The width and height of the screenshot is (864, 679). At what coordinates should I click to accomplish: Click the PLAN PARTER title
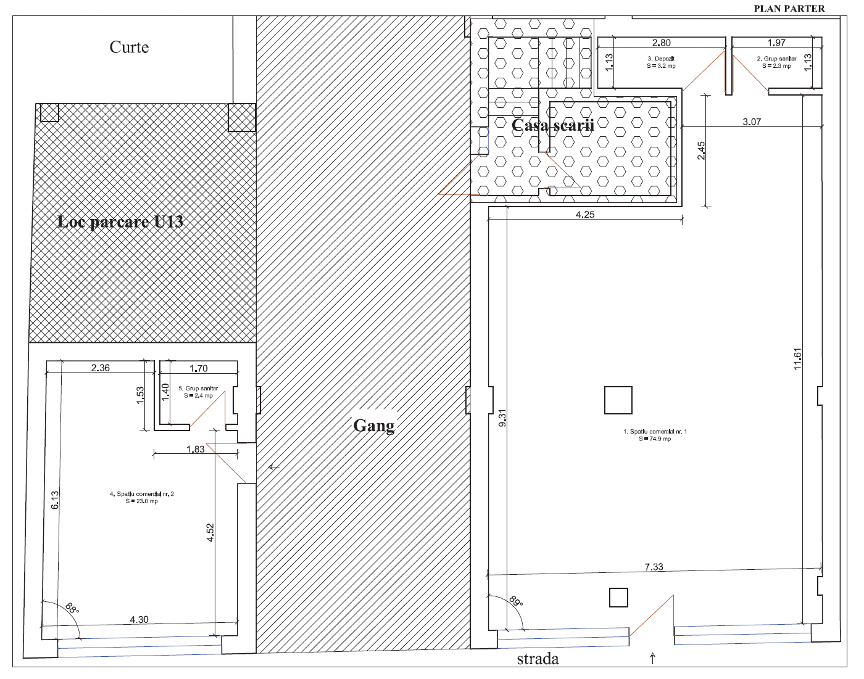789,9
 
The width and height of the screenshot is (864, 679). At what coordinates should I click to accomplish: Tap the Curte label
129,47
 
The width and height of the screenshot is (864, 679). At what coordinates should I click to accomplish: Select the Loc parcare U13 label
120,221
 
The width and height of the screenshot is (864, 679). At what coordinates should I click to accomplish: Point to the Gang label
374,426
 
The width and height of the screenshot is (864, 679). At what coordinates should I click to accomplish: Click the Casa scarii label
552,125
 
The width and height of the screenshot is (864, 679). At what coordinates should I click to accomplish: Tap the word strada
538,659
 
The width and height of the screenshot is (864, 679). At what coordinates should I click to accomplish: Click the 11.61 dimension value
797,359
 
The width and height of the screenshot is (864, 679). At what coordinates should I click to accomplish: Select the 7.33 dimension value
654,567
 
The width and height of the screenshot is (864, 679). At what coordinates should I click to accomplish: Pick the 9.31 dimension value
502,418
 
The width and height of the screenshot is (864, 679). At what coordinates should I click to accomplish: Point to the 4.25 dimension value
585,214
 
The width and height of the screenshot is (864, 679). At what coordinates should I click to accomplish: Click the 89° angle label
516,601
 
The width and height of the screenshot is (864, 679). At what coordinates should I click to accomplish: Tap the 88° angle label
72,608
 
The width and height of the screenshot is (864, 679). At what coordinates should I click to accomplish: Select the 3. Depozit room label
661,62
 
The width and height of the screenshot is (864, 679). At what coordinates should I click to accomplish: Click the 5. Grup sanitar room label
198,392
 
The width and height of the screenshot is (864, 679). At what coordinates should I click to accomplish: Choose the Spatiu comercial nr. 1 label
655,435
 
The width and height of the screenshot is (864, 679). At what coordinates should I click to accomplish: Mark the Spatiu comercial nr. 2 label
142,497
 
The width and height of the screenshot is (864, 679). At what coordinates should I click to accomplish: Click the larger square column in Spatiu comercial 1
618,400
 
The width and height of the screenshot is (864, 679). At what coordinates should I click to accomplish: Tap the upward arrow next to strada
653,658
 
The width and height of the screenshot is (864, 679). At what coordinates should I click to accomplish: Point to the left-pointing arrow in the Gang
274,467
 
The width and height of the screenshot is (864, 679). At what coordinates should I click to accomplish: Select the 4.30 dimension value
139,619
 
